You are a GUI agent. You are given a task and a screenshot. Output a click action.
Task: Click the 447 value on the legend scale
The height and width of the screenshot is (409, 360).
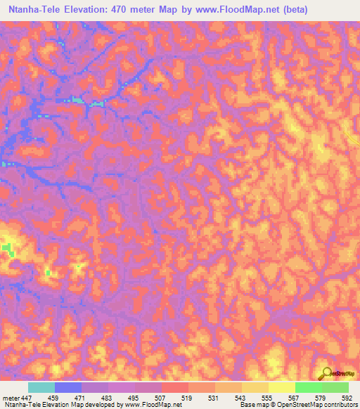pos(27,398)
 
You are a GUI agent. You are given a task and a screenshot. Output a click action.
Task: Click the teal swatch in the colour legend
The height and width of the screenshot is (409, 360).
pos(41,387)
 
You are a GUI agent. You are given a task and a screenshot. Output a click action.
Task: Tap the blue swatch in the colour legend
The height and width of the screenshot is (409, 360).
pos(68,387)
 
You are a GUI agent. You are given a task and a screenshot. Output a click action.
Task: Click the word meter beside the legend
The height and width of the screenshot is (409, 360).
pos(11,398)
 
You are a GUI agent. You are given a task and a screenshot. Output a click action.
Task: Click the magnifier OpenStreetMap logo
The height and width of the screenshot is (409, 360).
pos(328,373)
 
